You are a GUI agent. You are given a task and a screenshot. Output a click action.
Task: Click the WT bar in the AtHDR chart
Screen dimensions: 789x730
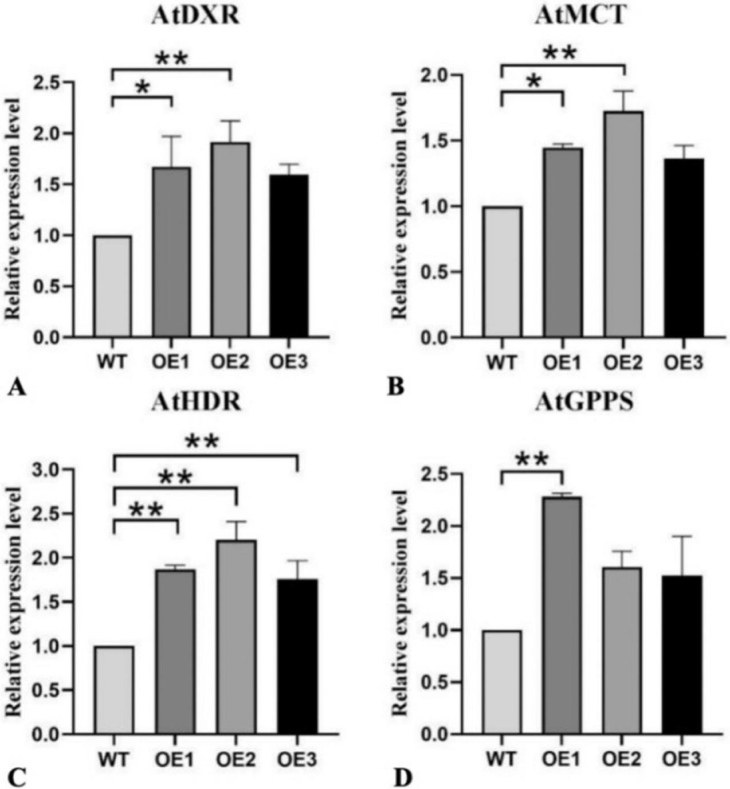pyautogui.click(x=115, y=690)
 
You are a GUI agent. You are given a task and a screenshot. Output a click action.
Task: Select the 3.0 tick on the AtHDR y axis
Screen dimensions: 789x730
pyautogui.click(x=48, y=470)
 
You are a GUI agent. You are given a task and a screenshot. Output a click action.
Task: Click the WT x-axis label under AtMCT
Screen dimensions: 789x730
pyautogui.click(x=502, y=363)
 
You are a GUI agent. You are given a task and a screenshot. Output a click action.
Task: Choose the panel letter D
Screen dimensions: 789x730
pyautogui.click(x=402, y=779)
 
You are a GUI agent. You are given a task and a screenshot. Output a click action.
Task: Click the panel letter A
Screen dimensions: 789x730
pyautogui.click(x=17, y=389)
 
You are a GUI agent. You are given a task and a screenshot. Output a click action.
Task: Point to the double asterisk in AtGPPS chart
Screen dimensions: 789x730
pyautogui.click(x=532, y=459)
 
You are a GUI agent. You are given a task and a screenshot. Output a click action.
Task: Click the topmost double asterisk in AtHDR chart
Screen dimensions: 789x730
pyautogui.click(x=202, y=442)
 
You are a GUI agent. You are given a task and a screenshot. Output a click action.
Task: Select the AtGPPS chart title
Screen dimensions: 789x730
pyautogui.click(x=584, y=403)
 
